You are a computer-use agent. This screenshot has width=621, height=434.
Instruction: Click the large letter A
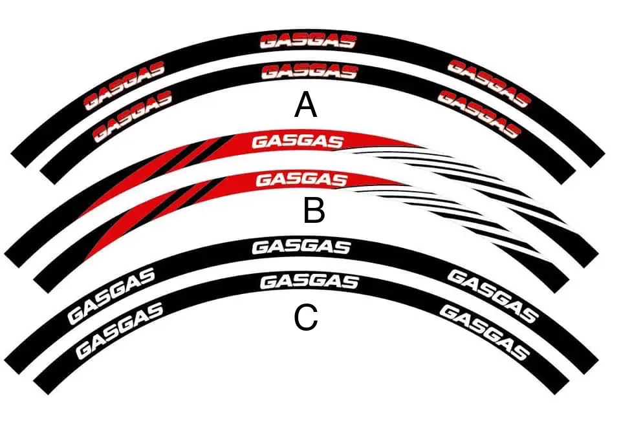click(x=306, y=105)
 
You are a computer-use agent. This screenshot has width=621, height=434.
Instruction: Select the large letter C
click(x=306, y=317)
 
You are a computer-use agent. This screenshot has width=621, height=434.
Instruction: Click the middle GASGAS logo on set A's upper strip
click(x=308, y=42)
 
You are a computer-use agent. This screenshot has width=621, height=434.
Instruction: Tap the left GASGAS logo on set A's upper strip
click(x=125, y=85)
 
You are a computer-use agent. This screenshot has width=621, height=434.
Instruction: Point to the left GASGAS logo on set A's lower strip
click(x=133, y=116)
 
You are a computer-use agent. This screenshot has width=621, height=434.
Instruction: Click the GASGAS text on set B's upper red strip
click(x=297, y=141)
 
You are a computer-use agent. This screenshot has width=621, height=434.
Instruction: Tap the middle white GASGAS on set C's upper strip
click(x=301, y=247)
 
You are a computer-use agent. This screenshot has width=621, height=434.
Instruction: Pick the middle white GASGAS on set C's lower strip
click(x=309, y=282)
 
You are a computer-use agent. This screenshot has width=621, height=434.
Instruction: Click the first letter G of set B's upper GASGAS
click(x=259, y=141)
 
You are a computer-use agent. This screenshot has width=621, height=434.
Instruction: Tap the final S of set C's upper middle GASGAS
click(x=342, y=247)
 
